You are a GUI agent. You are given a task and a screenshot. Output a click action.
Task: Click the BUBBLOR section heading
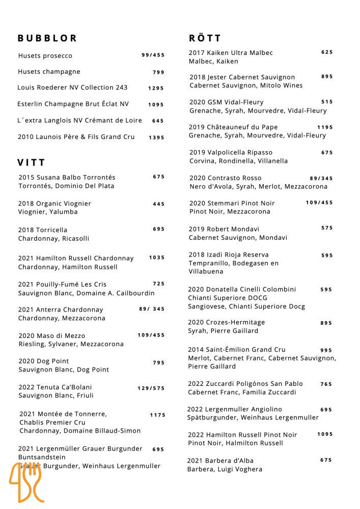47,38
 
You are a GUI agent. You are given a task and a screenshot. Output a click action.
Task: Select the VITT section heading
32,163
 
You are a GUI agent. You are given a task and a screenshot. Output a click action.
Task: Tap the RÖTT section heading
205,38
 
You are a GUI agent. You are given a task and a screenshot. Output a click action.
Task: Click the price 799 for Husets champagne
158,72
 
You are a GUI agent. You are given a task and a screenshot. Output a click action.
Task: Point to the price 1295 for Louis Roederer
156,88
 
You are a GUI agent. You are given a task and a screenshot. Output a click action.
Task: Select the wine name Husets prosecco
45,56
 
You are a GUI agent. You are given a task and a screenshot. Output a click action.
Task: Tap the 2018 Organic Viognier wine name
54,204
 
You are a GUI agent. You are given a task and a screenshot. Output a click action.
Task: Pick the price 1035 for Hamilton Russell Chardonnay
157,258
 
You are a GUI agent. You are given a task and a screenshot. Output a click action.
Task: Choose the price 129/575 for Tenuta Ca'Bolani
151,388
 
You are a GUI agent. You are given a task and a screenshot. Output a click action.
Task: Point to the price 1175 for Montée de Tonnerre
157,415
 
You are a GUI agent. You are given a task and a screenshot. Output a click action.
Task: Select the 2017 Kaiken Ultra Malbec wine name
231,53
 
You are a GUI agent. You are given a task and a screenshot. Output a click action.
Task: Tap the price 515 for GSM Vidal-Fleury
327,102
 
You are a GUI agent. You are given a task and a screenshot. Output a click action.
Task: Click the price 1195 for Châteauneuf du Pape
325,127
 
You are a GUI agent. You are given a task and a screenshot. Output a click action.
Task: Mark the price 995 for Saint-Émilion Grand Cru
326,350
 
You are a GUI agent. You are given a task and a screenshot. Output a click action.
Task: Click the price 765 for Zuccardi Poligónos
326,384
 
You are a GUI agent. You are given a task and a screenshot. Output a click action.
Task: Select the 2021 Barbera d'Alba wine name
220,461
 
